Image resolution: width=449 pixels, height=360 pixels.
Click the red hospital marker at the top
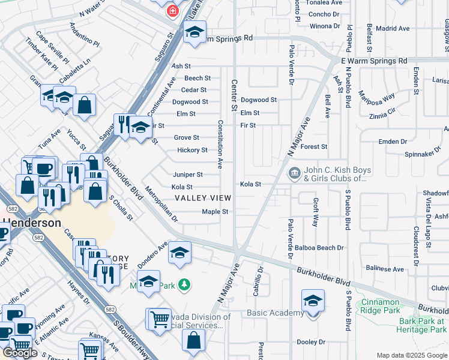pos(173,11)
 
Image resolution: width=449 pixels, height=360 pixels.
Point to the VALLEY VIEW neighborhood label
pos(202,199)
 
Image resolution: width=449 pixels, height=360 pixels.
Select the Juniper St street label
pos(187,175)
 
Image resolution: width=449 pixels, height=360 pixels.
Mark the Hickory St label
pos(191,150)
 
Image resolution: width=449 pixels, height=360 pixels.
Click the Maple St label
pos(215,212)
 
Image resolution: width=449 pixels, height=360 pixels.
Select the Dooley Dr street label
pos(310,342)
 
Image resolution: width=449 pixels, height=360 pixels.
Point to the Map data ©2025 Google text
pos(412,355)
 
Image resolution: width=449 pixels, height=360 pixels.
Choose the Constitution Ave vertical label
pos(220,144)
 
